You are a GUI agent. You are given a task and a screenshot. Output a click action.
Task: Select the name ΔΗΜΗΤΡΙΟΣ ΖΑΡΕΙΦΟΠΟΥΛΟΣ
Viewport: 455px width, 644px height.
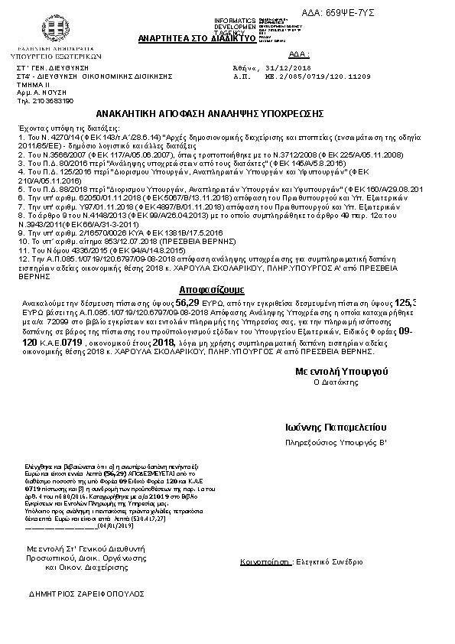[x=86, y=594]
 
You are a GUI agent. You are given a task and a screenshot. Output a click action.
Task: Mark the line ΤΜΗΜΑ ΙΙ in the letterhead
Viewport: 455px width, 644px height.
[x=31, y=85]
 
